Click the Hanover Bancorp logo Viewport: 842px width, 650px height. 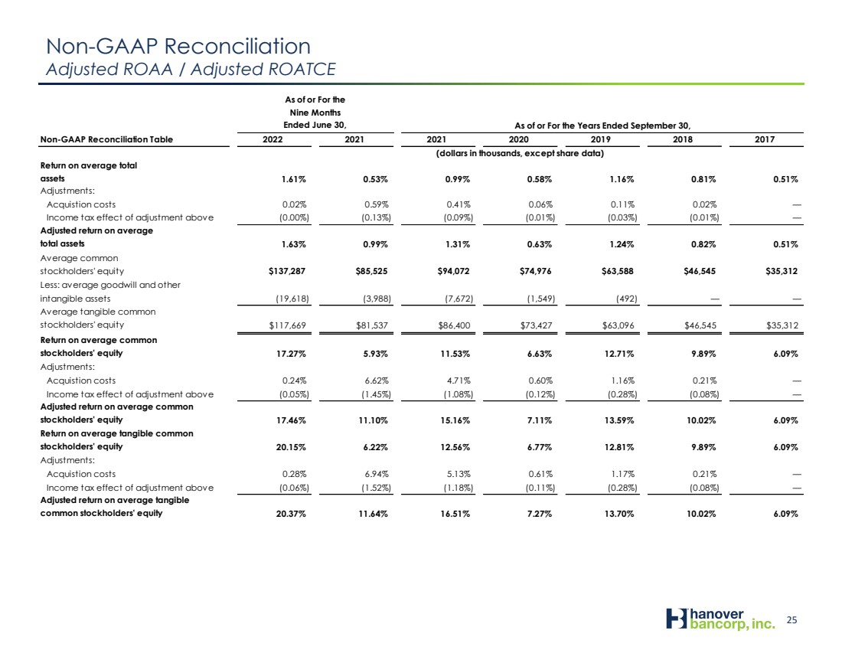[x=720, y=619]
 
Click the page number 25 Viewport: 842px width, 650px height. [x=791, y=620]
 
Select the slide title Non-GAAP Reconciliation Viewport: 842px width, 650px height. [x=178, y=46]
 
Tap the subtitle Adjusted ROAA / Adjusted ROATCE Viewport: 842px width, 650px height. [x=191, y=70]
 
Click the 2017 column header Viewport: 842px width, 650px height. [x=765, y=139]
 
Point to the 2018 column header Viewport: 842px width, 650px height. [x=683, y=139]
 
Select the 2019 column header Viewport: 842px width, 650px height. [x=600, y=139]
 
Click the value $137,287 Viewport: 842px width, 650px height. [x=287, y=271]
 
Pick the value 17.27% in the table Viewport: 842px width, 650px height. [x=291, y=354]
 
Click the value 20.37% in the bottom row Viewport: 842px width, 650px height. [x=291, y=514]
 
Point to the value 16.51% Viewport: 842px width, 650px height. [x=455, y=514]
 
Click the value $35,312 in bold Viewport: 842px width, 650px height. [x=782, y=271]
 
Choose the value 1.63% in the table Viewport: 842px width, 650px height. [x=294, y=244]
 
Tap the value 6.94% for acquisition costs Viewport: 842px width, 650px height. [x=376, y=474]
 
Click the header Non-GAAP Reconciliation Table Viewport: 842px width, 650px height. [x=106, y=139]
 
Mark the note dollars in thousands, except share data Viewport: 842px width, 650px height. [x=520, y=154]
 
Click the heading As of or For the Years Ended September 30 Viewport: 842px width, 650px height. [x=602, y=126]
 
